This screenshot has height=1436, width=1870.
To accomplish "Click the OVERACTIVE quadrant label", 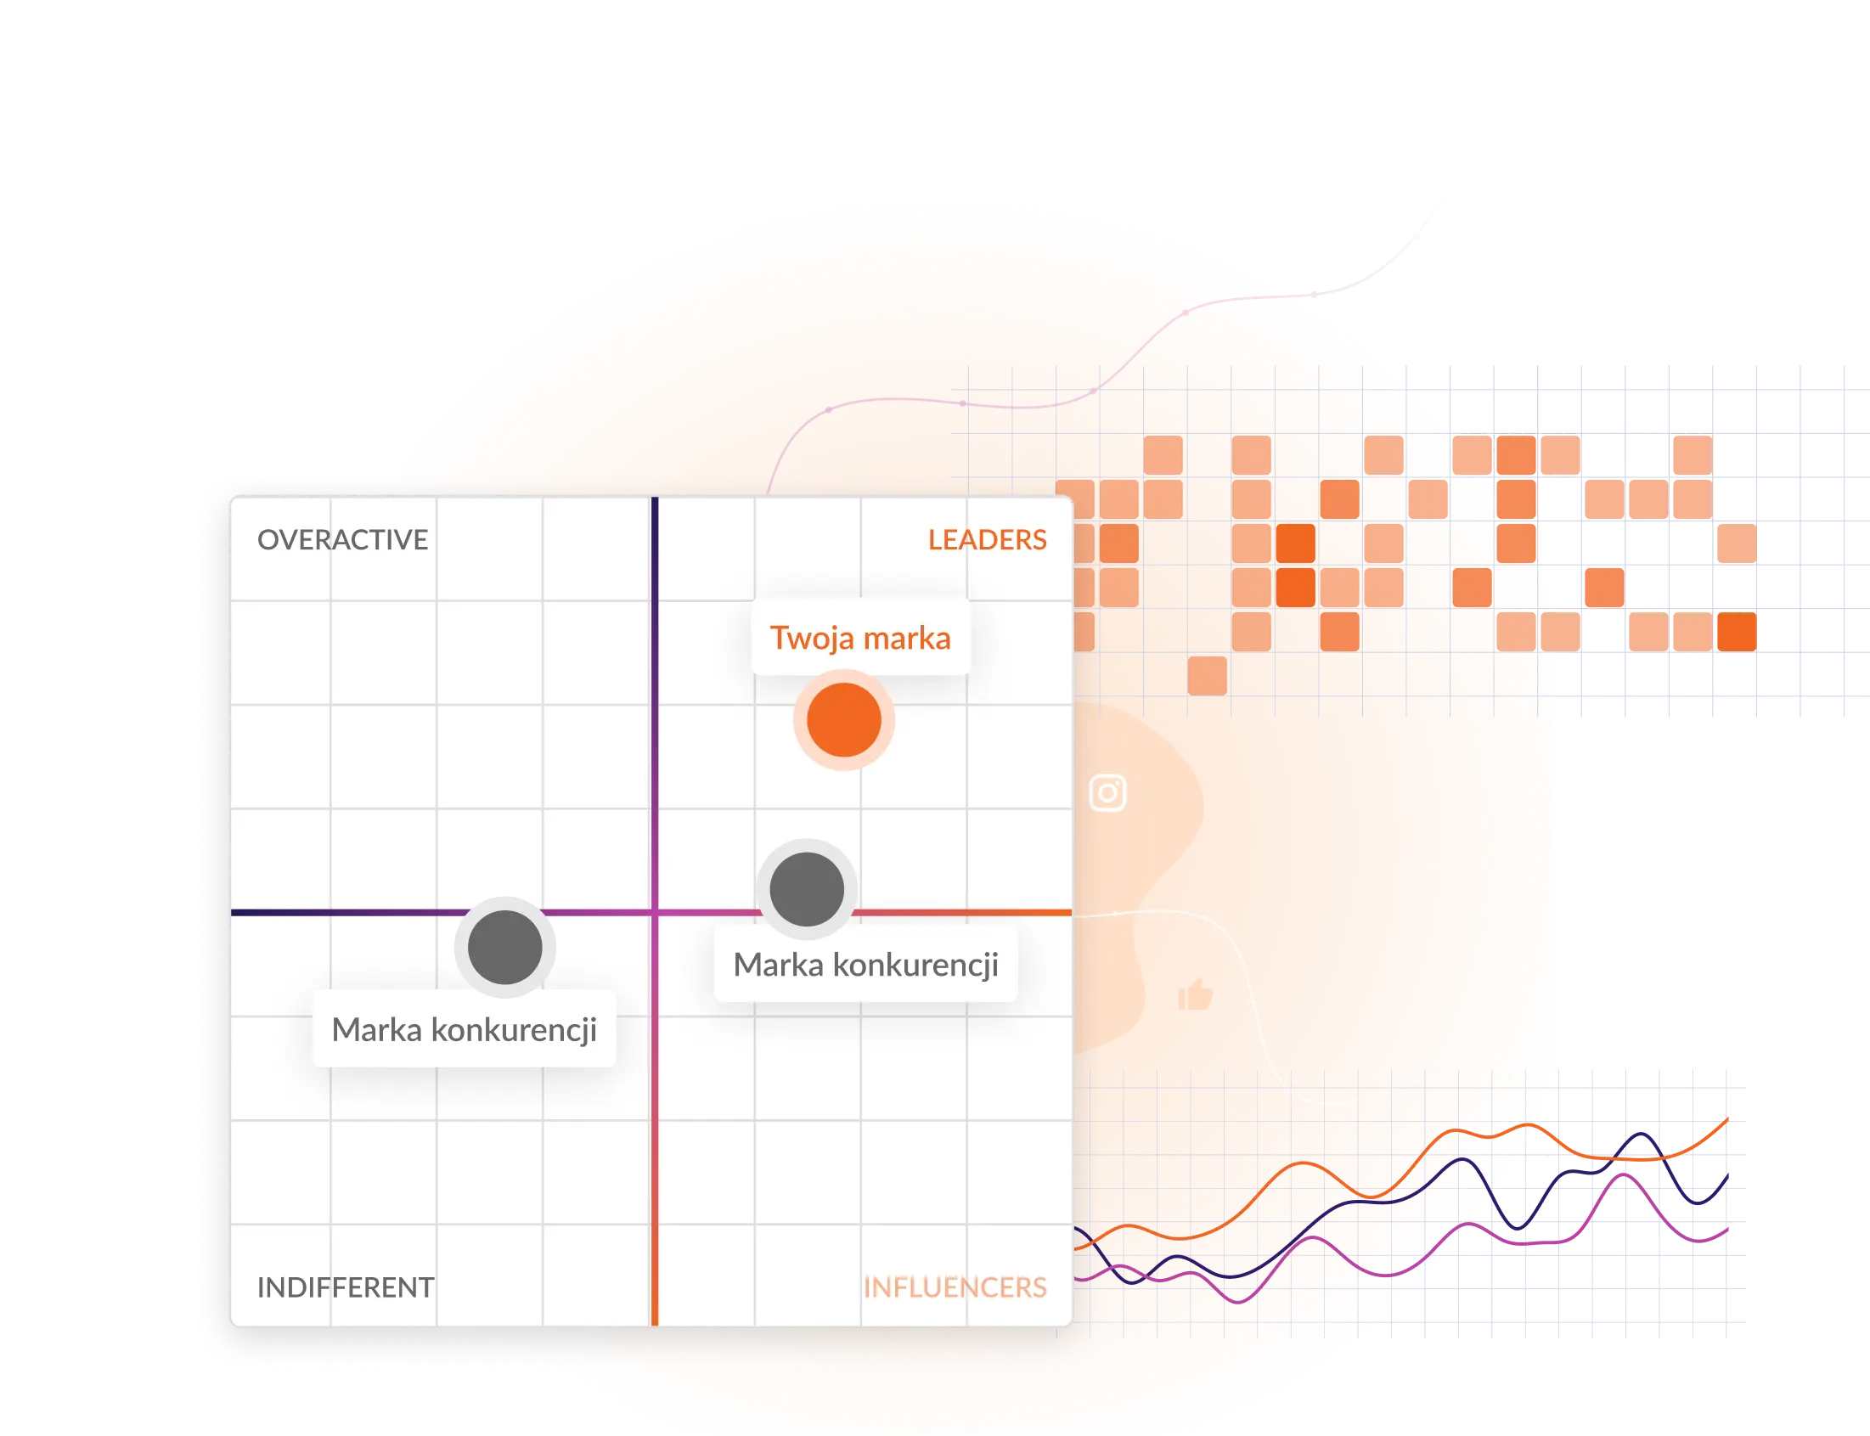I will click(343, 539).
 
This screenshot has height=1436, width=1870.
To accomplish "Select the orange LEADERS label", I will click(987, 539).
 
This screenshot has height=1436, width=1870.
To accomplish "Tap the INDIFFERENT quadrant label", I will click(346, 1287).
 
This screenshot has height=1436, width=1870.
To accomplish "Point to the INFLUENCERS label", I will click(955, 1287).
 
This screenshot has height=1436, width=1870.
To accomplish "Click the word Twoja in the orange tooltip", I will click(812, 638).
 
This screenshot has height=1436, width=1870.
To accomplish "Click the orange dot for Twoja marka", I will click(843, 720).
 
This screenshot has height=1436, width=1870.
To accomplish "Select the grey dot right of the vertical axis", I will click(807, 889).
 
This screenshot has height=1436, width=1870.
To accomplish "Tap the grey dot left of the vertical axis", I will click(505, 947).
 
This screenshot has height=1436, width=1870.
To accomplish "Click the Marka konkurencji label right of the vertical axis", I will click(865, 964).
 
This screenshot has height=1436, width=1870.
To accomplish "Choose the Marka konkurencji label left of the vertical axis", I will click(464, 1029).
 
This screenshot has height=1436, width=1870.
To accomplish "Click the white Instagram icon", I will click(1107, 792).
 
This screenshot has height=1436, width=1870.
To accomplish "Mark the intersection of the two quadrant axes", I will click(655, 912).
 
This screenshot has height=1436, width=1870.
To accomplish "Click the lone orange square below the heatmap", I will click(1207, 675).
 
